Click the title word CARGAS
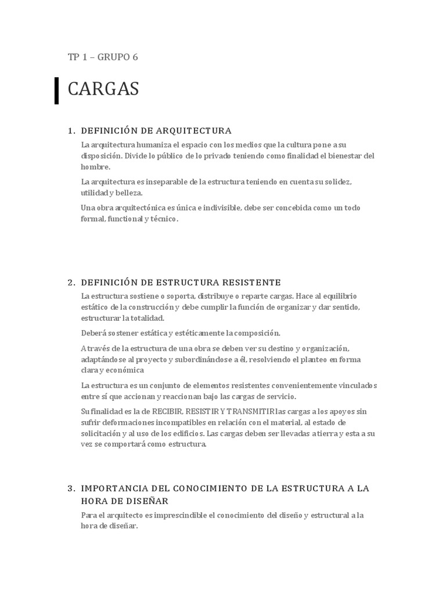click(x=103, y=89)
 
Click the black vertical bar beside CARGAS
click(x=57, y=90)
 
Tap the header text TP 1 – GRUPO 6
click(x=103, y=57)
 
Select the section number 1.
click(x=71, y=130)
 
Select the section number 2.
click(x=71, y=282)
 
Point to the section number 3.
click(x=71, y=488)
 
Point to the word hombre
click(x=95, y=166)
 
